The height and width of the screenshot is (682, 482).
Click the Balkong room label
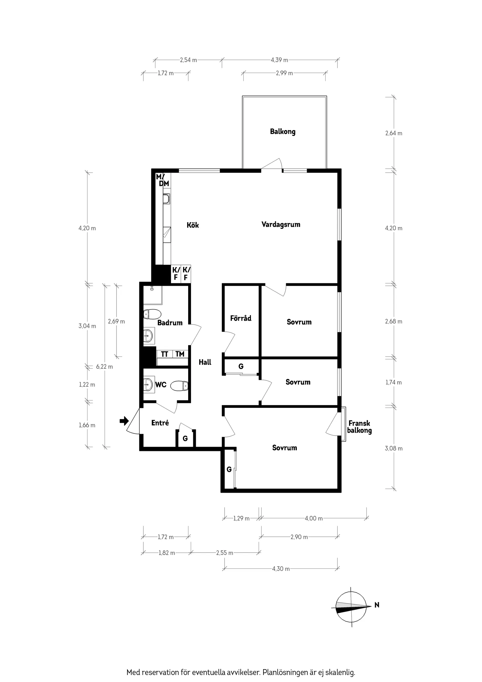tap(282, 131)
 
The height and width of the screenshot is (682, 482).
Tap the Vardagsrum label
tap(281, 225)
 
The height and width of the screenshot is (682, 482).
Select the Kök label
tap(193, 225)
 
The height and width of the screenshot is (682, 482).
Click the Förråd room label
tap(240, 319)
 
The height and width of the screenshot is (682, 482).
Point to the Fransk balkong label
tap(359, 427)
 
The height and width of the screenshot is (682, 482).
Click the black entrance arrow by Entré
tap(124, 420)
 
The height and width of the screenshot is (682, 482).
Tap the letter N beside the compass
tap(377, 605)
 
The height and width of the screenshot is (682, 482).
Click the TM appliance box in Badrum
tap(180, 354)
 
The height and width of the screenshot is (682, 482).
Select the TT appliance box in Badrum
tap(164, 354)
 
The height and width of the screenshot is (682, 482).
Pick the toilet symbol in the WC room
tap(180, 386)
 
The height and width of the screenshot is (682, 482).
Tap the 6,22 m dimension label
tap(105, 367)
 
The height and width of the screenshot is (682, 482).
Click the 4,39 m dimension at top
tap(279, 60)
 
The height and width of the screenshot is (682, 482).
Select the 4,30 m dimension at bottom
tap(281, 569)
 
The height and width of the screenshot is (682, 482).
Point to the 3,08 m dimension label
tap(393, 449)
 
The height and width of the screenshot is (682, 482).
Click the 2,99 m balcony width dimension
tap(284, 73)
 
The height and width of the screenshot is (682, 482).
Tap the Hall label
tap(205, 362)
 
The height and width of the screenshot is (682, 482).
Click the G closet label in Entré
tap(185, 438)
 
